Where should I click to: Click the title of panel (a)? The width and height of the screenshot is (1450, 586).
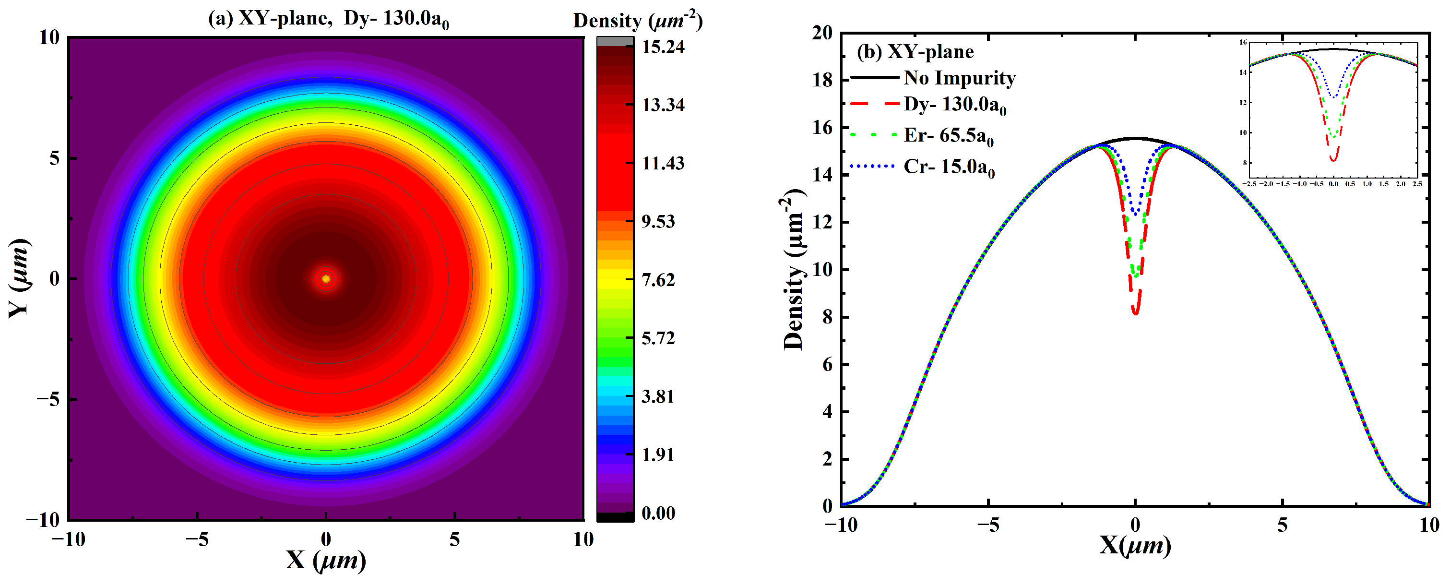click(x=328, y=19)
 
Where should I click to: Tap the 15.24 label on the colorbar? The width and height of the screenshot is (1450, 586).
click(x=663, y=47)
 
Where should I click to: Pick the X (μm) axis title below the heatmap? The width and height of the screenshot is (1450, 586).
click(x=326, y=560)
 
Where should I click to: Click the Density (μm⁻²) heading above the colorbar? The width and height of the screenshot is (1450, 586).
click(x=637, y=20)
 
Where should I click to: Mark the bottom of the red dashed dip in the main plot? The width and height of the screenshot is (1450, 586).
click(x=1135, y=313)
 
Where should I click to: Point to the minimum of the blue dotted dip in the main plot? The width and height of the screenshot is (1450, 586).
click(x=1135, y=214)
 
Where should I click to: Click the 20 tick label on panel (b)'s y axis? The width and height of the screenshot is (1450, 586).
click(x=822, y=33)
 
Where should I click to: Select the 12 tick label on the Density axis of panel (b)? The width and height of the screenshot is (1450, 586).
click(x=822, y=222)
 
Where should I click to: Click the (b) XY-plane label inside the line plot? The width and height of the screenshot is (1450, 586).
click(x=915, y=52)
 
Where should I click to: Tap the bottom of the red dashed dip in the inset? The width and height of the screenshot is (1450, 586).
click(x=1333, y=160)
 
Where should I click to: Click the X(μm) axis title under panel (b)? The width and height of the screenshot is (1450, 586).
click(x=1135, y=545)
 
